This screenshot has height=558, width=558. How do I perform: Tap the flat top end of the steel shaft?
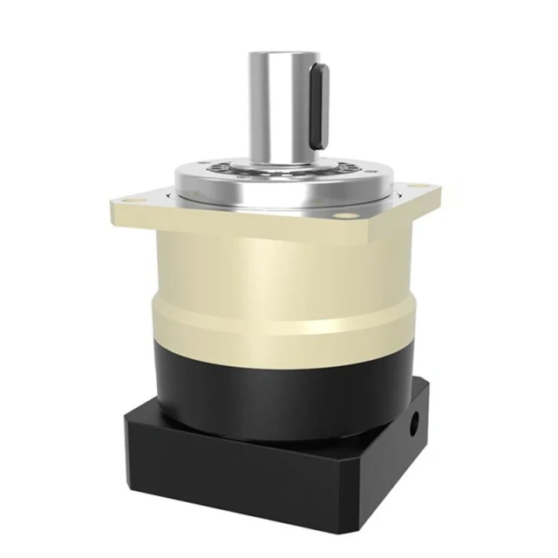point(280,55)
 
